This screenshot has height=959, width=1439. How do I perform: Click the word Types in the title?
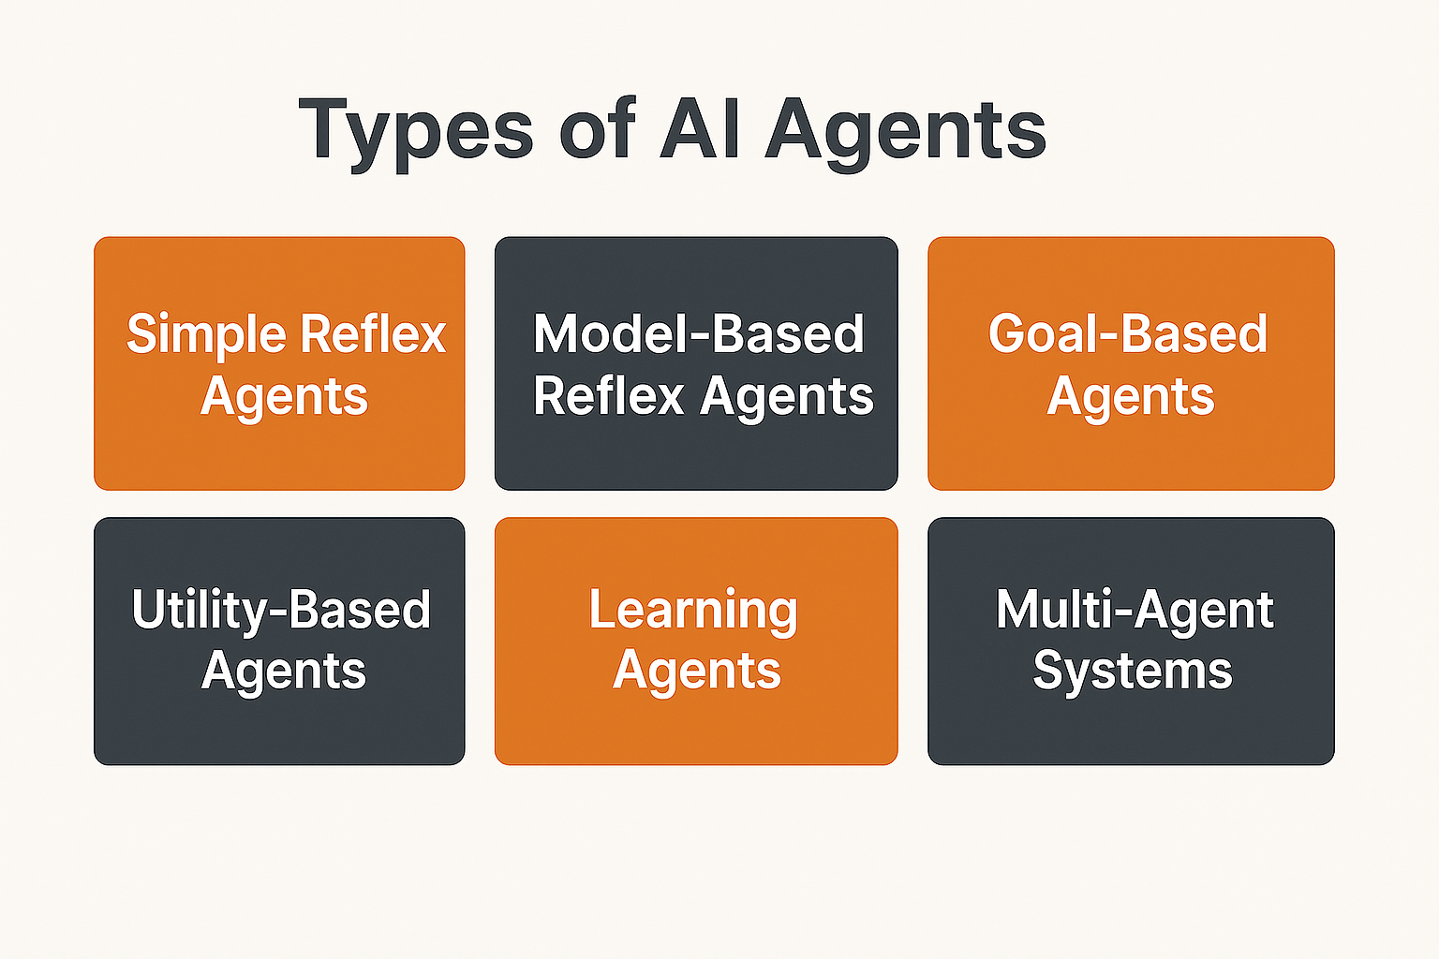(x=416, y=131)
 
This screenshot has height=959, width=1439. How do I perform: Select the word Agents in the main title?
(x=905, y=131)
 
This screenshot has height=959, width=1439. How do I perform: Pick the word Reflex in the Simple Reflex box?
(x=374, y=333)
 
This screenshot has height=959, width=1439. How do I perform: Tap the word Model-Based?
(x=698, y=333)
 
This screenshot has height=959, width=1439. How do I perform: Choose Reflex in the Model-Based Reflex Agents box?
(x=609, y=395)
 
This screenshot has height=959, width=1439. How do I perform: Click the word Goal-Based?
(x=1128, y=333)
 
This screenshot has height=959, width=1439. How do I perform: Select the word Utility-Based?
(x=281, y=611)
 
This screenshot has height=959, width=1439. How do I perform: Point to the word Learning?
(x=693, y=611)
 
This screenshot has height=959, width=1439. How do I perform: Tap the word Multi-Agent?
(x=1135, y=611)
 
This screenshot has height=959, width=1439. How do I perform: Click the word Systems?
(x=1132, y=671)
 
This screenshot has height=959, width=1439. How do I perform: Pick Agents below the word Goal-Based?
(x=1130, y=397)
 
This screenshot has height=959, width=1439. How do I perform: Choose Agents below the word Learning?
(x=696, y=671)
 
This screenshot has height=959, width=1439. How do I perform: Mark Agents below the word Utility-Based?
(x=283, y=671)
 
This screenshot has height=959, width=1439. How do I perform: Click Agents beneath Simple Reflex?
(x=284, y=397)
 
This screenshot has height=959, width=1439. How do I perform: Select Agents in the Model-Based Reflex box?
(x=787, y=397)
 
